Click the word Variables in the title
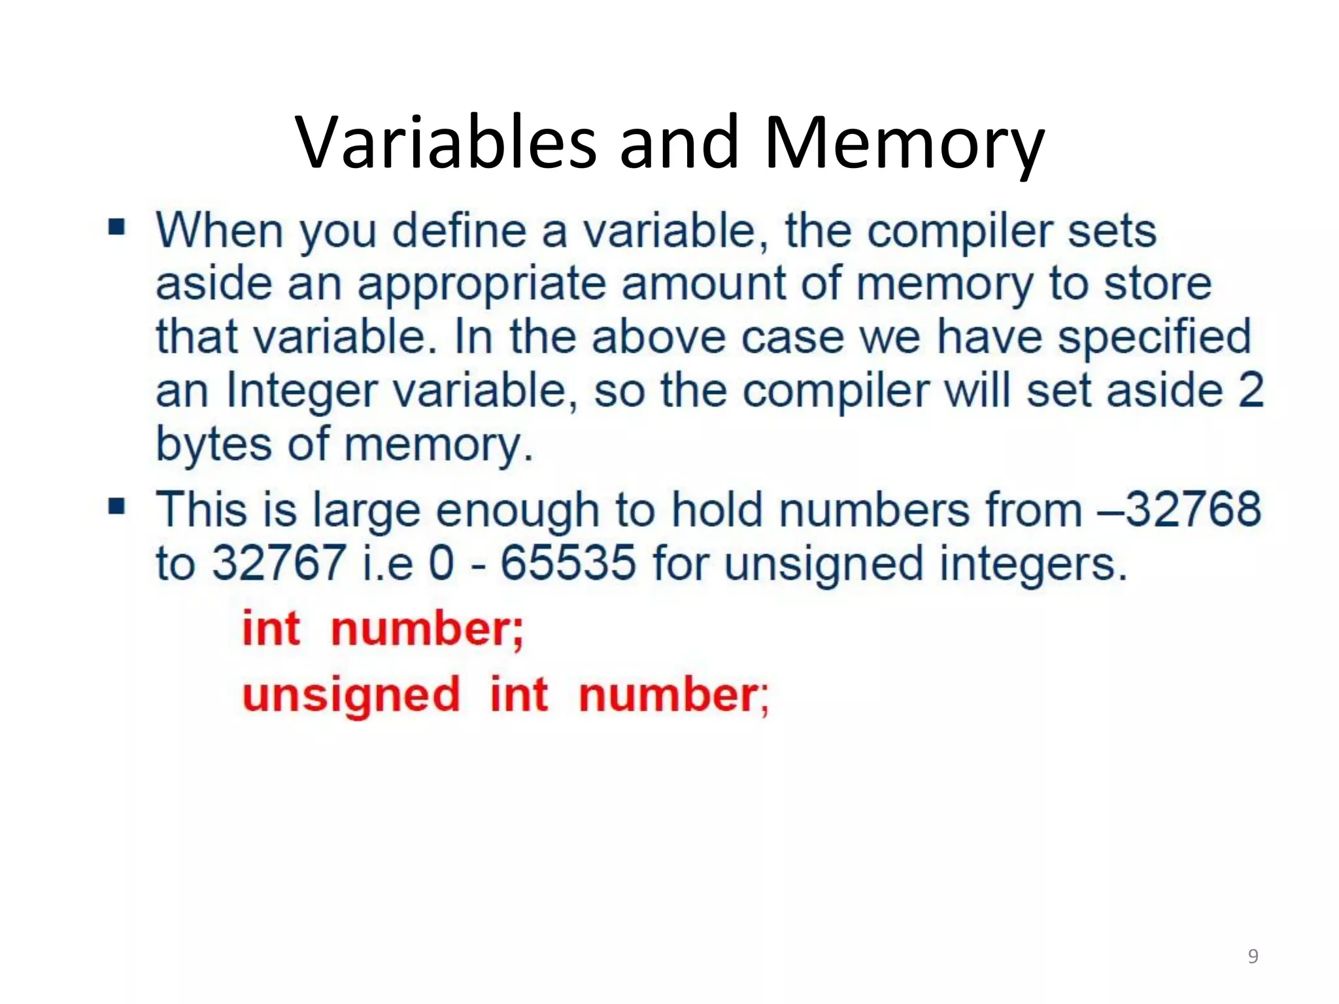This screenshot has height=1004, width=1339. click(x=446, y=142)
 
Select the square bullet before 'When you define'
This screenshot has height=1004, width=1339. click(x=117, y=227)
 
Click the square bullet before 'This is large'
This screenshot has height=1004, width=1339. click(x=117, y=506)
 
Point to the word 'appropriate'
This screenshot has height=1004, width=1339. click(x=482, y=285)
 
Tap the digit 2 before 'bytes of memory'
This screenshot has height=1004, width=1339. click(x=1251, y=391)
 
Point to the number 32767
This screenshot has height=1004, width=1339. click(x=279, y=563)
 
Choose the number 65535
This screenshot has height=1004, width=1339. click(x=568, y=563)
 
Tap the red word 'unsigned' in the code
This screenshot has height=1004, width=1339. click(x=352, y=695)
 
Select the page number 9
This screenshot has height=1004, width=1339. click(x=1253, y=956)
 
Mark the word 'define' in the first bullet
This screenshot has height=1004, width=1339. click(x=459, y=231)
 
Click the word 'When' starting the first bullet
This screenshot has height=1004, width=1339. click(x=219, y=231)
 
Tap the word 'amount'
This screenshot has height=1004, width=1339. click(x=703, y=285)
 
